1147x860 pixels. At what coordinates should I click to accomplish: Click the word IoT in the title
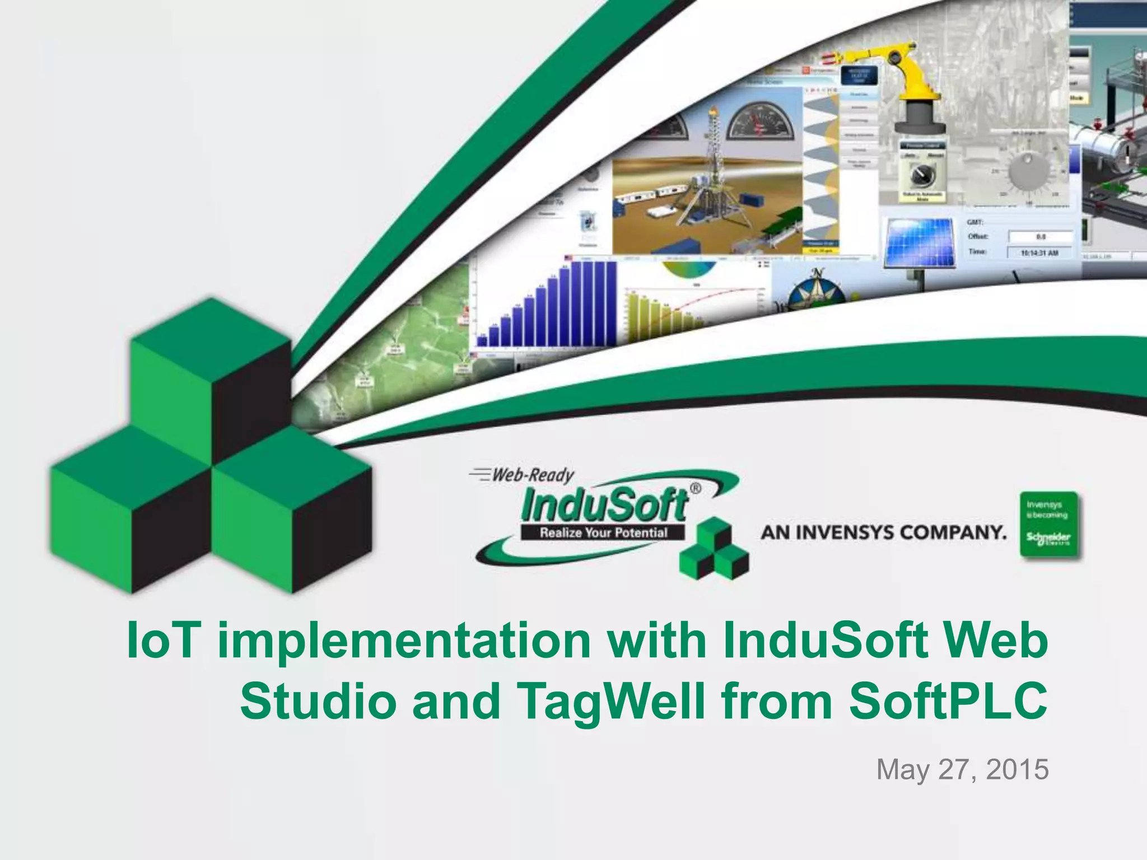click(163, 639)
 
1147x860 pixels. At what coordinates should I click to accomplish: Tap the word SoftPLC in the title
click(948, 701)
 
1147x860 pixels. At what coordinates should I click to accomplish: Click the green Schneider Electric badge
click(1048, 525)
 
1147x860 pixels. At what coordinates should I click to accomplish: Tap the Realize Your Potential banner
click(603, 532)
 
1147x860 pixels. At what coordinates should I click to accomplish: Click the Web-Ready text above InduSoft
click(532, 475)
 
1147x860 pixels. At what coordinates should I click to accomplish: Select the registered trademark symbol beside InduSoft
click(695, 488)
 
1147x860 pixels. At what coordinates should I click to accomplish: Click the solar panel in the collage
click(918, 242)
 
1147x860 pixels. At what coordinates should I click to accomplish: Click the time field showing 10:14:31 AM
click(1039, 253)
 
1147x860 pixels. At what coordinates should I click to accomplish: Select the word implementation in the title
click(403, 639)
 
